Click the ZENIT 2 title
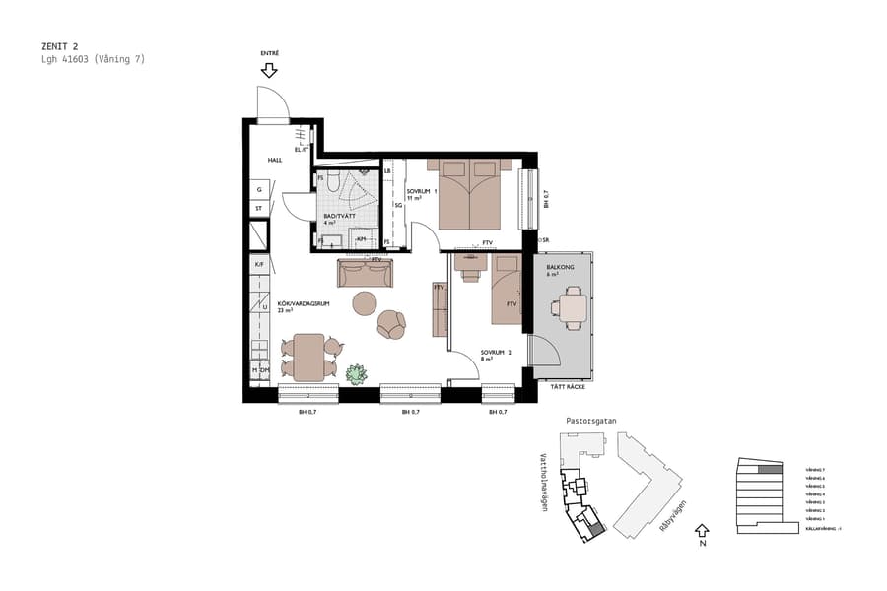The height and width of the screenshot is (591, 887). (x=59, y=45)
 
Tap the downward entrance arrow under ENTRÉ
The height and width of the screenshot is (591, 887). (x=269, y=70)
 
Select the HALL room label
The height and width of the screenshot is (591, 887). (x=275, y=159)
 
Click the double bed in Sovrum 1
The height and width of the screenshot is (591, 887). (x=470, y=193)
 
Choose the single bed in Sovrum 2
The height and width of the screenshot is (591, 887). (x=507, y=289)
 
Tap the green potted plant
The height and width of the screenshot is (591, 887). (x=356, y=374)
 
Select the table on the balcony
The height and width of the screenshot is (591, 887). (x=571, y=307)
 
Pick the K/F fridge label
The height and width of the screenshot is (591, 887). (x=259, y=264)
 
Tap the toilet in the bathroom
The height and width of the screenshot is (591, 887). (x=333, y=182)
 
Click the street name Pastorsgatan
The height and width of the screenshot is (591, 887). (x=590, y=421)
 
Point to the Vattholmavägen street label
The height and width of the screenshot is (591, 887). (x=543, y=483)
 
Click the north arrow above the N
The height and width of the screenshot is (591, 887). (x=701, y=530)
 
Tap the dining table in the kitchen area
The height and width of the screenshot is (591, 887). (x=308, y=357)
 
